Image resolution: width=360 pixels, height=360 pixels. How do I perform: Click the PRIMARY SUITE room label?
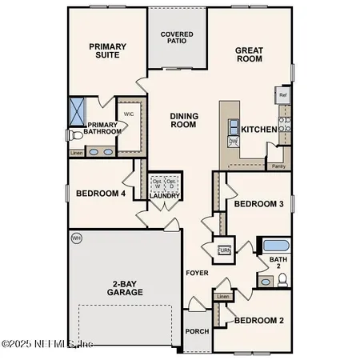click(x=109, y=52)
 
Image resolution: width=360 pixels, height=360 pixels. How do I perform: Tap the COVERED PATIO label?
click(x=176, y=38)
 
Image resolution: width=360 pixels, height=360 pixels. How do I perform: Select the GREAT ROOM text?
click(x=250, y=55)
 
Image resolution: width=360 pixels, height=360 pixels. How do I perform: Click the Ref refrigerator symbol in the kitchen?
click(x=282, y=95)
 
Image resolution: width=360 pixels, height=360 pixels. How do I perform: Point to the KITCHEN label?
click(x=258, y=130)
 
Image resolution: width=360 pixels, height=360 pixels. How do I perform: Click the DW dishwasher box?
click(x=233, y=142)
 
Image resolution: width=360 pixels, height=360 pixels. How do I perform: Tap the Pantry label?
click(x=278, y=166)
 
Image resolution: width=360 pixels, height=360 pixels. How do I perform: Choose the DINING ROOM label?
click(x=184, y=121)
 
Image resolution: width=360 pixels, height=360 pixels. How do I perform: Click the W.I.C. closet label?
click(x=128, y=113)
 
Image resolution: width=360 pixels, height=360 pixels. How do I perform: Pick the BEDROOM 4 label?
click(x=100, y=193)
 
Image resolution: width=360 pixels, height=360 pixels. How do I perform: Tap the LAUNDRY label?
click(x=165, y=196)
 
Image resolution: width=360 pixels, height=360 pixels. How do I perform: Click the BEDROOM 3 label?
click(x=258, y=205)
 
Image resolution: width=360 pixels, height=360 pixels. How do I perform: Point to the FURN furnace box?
click(x=224, y=249)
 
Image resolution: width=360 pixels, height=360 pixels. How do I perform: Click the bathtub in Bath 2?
click(x=277, y=246)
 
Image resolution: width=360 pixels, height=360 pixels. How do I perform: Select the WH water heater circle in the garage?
click(x=77, y=238)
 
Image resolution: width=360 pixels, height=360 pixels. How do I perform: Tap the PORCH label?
click(x=196, y=330)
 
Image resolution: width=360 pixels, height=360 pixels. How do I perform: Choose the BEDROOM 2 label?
click(x=258, y=322)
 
